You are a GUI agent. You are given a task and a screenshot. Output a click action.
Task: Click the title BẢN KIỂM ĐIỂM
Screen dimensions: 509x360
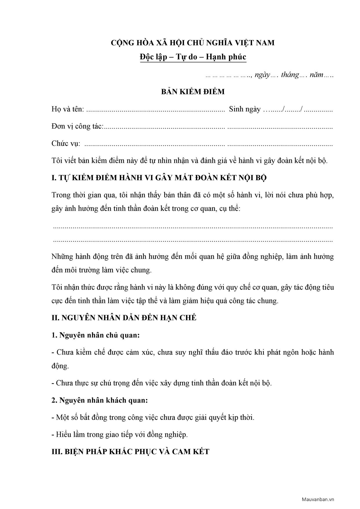tap(193, 92)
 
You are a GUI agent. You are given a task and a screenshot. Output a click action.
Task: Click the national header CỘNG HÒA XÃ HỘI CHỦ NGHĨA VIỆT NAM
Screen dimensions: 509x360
tap(193, 43)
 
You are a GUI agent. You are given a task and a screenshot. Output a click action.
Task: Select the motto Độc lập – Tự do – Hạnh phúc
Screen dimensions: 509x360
tap(193, 57)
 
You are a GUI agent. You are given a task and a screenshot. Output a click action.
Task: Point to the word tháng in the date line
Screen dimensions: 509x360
tap(290, 75)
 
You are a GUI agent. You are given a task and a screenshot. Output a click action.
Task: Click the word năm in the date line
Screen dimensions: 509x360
tap(316, 75)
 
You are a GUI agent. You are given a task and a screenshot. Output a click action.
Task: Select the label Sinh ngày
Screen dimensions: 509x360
tap(245, 109)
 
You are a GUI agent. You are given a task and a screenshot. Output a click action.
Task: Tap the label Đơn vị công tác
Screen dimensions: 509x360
tap(77, 127)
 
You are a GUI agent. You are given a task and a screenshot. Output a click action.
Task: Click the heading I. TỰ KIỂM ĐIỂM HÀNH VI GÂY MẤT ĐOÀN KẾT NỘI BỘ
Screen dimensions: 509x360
tap(159, 178)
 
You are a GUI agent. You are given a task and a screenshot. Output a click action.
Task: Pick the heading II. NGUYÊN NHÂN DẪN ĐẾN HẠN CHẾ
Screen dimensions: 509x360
tap(124, 318)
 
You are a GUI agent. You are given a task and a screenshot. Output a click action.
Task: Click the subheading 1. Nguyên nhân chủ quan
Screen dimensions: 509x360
tap(96, 335)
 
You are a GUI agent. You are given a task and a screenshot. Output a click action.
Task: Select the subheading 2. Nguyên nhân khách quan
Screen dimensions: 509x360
tap(100, 400)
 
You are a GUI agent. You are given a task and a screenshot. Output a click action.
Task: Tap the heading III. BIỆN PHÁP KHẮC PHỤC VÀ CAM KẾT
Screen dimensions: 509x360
tap(130, 452)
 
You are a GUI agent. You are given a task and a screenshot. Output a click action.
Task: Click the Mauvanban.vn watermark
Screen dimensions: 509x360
tap(318, 499)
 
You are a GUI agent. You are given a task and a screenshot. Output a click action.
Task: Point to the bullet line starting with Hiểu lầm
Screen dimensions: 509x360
tap(120, 435)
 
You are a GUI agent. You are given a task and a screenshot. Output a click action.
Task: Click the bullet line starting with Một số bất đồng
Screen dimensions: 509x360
tap(153, 418)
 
